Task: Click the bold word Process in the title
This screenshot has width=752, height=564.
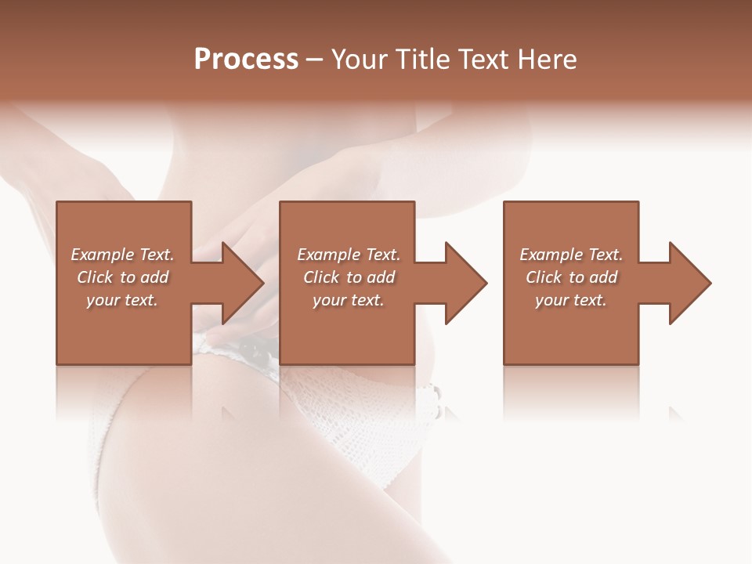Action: click(x=246, y=60)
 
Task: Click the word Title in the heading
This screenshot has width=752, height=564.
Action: click(x=421, y=60)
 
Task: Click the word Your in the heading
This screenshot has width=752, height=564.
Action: click(x=360, y=60)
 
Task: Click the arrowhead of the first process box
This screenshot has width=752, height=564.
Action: click(x=239, y=283)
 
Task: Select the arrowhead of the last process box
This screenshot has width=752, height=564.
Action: click(x=686, y=283)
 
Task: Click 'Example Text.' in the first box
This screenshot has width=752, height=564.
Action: click(x=122, y=255)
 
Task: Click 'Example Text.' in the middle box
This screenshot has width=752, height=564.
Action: click(x=349, y=255)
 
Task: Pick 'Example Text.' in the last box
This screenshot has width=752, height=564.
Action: click(x=571, y=255)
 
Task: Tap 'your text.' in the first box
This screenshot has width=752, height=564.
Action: click(x=122, y=300)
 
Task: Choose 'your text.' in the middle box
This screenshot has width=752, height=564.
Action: click(x=349, y=300)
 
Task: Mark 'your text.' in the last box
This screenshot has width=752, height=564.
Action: click(x=571, y=300)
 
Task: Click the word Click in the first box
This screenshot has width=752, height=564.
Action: click(x=95, y=277)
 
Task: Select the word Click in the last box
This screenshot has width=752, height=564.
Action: click(x=544, y=277)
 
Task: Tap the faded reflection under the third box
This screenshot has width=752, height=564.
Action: click(x=570, y=392)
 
